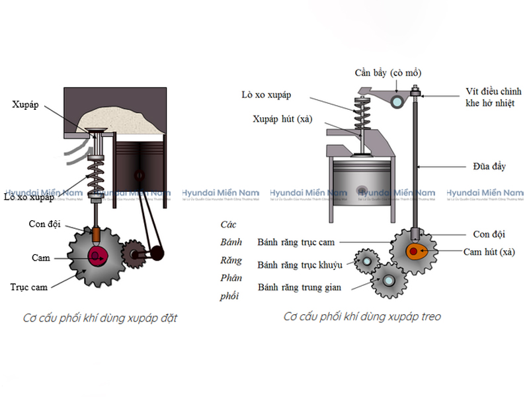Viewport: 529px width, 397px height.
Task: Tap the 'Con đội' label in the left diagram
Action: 44,224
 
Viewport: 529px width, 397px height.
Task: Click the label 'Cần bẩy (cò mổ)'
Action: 387,73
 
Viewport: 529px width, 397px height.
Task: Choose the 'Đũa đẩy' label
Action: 489,167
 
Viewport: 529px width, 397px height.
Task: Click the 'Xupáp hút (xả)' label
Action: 282,119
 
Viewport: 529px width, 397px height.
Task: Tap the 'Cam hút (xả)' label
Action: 489,251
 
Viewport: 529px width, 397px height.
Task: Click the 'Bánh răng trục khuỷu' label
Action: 300,265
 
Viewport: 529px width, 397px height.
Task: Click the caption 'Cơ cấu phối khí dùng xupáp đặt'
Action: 100,318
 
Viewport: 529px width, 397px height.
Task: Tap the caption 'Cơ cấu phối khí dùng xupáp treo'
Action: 362,316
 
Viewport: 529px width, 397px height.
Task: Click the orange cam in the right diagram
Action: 416,251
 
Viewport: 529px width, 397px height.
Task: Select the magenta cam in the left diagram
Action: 96,255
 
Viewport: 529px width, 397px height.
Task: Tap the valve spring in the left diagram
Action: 99,175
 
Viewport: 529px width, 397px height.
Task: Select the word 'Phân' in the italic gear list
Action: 231,278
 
